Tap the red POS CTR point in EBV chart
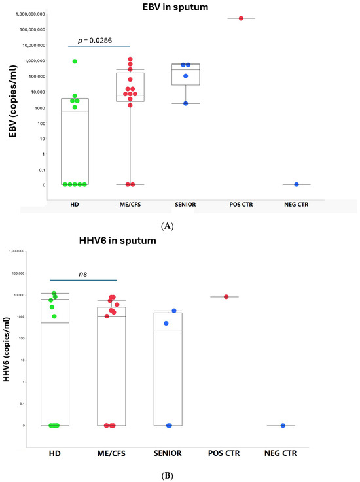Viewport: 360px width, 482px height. pyautogui.click(x=241, y=18)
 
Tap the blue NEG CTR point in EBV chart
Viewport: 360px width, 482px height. pyautogui.click(x=297, y=184)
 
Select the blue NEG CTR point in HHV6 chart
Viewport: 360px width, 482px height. pyautogui.click(x=283, y=426)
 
